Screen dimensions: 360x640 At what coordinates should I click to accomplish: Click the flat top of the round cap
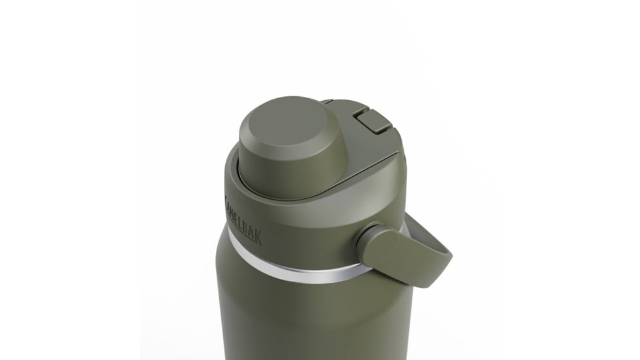coord(288,122)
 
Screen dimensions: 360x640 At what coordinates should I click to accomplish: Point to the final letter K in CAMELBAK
coord(258,237)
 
